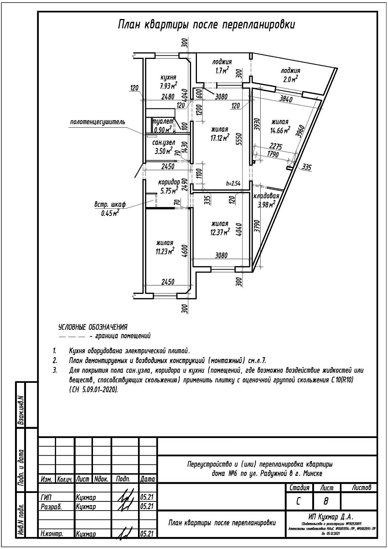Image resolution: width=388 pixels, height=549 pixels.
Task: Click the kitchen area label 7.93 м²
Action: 168,86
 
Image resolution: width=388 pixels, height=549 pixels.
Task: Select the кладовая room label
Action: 266,196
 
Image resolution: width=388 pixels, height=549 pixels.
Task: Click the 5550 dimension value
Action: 239,139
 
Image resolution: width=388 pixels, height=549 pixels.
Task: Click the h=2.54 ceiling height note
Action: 233,184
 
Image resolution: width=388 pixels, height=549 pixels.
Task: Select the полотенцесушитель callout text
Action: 97,122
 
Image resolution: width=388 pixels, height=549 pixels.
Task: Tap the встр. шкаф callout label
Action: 110,205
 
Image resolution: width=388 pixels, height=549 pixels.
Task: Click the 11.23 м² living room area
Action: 164,251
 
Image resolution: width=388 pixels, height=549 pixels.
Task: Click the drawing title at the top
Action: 206,25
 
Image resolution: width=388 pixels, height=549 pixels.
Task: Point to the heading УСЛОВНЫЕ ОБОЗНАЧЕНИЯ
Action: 93,327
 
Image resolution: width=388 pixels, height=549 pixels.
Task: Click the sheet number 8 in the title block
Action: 326,501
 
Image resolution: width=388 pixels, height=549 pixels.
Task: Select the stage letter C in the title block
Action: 298,501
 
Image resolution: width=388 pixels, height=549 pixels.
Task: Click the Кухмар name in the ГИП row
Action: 86,497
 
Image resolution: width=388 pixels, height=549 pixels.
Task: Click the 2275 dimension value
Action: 276,146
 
